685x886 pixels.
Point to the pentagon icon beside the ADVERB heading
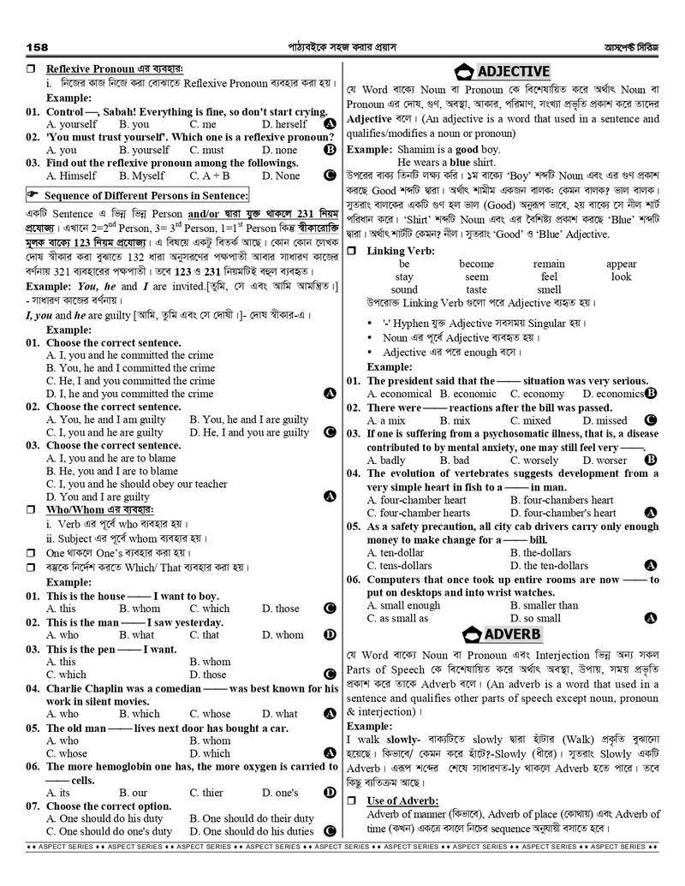point(470,634)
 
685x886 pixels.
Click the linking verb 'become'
point(476,265)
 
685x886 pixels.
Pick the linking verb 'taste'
point(476,290)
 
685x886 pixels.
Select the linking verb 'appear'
point(621,265)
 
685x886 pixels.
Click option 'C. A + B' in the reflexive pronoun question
point(211,175)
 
